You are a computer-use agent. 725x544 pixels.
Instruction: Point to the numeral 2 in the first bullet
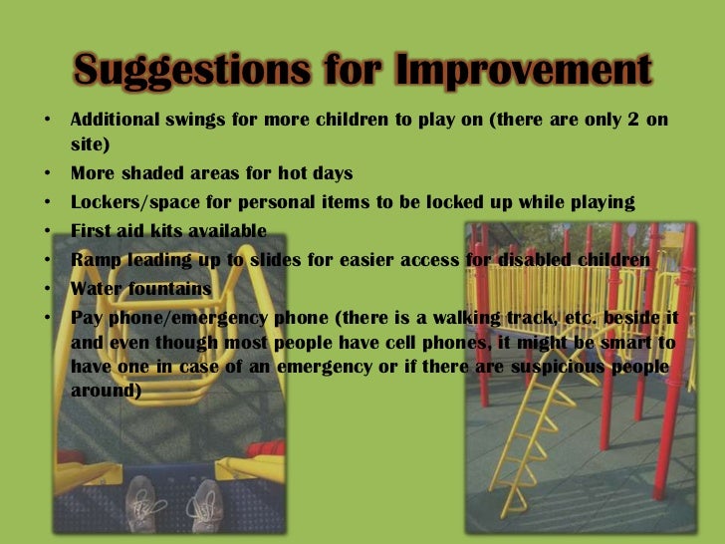[628, 121]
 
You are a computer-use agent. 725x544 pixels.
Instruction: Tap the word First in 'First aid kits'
[93, 231]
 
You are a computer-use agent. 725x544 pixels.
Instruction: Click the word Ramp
[95, 260]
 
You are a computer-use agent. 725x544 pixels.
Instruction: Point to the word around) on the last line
[105, 391]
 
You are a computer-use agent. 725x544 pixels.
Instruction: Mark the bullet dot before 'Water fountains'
[48, 289]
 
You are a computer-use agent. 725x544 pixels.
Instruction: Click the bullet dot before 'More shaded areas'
[48, 173]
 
